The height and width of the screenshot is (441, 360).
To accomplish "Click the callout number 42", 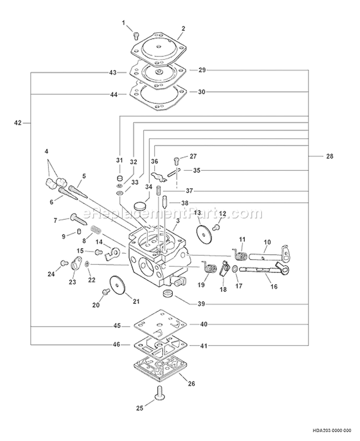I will [x=18, y=123].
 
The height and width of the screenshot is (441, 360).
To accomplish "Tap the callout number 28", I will [x=329, y=156].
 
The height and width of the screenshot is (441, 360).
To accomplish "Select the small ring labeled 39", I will [x=168, y=293].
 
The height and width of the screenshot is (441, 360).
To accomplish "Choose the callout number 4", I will [x=47, y=151].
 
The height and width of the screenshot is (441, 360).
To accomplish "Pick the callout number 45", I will [x=117, y=326].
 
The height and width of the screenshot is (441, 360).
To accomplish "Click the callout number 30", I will [x=202, y=92].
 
